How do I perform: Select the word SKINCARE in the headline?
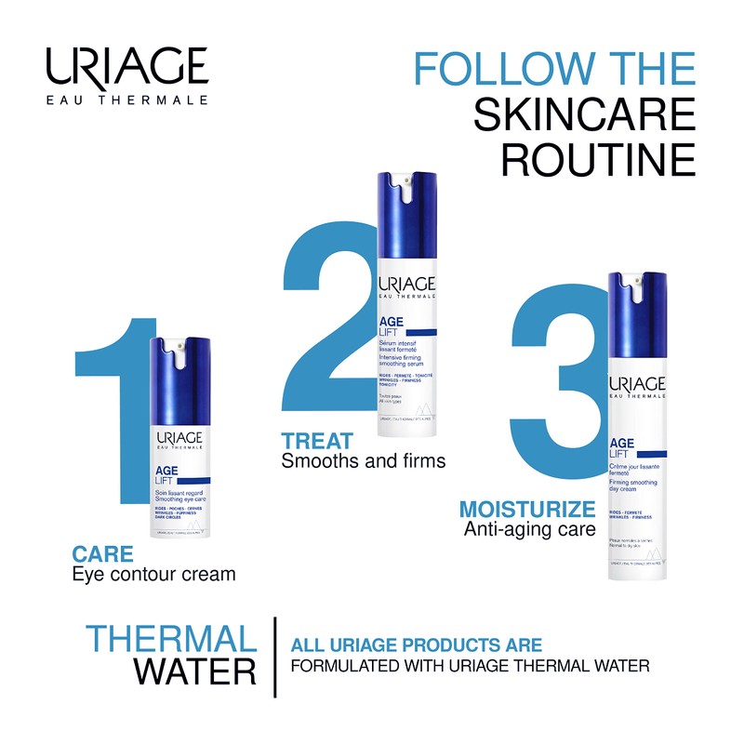tap(584, 115)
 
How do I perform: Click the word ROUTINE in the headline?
tap(598, 159)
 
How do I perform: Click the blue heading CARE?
tap(102, 555)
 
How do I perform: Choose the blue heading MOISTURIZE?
tap(527, 510)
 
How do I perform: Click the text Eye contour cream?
tap(153, 575)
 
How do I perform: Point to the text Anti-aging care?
tap(529, 530)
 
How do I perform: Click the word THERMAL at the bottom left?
tap(171, 639)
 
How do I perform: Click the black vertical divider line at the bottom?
tap(275, 656)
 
